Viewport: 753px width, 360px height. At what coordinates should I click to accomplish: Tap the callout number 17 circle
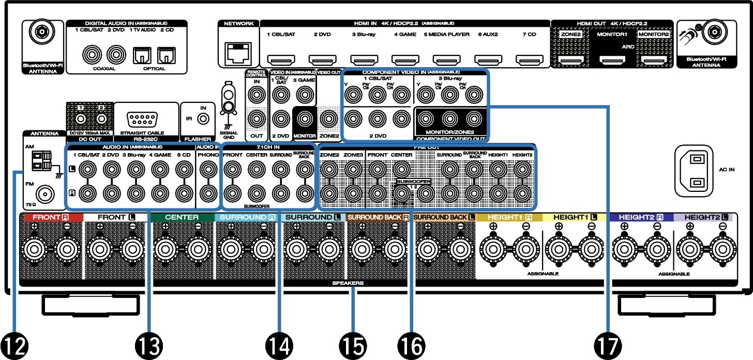point(608,344)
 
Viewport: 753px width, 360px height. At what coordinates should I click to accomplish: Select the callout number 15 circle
point(354,344)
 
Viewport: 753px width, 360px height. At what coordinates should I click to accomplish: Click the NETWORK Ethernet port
point(238,52)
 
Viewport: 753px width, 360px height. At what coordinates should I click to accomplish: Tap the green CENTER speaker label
point(182,217)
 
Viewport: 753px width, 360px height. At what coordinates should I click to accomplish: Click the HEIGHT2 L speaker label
point(706,217)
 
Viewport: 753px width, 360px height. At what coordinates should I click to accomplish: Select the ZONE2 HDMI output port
point(570,61)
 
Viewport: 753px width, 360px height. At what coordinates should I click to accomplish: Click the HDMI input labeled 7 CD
point(528,60)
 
